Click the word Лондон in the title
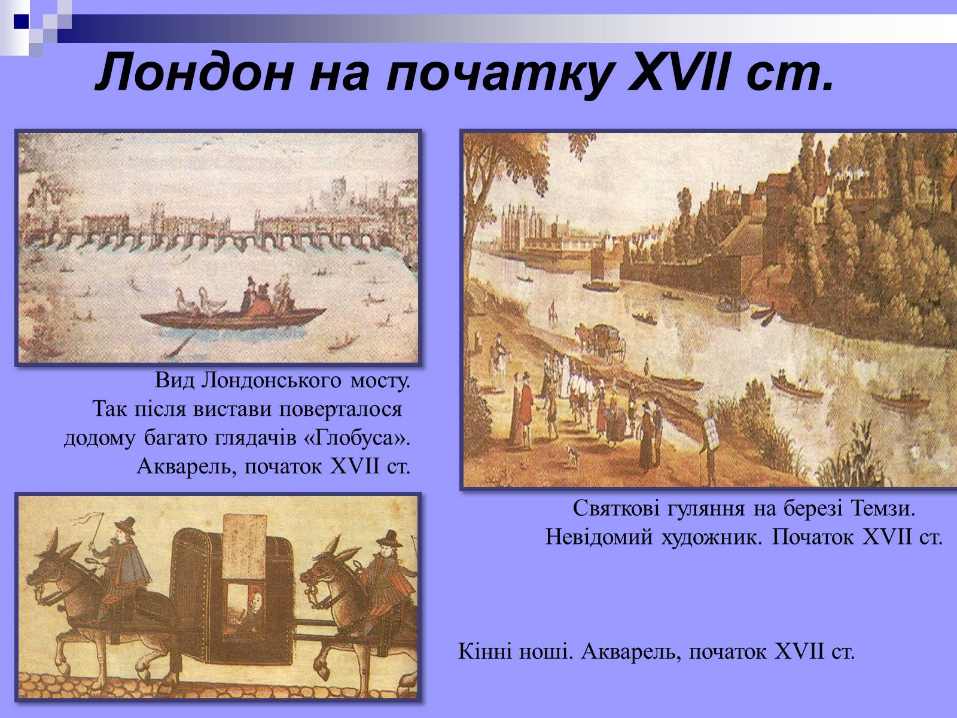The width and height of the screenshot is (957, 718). [x=194, y=72]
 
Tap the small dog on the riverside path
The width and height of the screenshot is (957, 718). [x=572, y=454]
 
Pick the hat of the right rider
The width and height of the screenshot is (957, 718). [x=389, y=539]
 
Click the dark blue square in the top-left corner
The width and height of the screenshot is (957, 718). [x=21, y=22]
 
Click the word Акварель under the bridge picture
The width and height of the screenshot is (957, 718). [x=187, y=467]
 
